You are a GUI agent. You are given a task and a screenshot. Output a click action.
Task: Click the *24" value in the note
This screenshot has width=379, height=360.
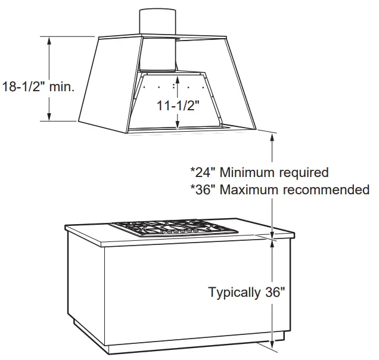pos(203,173)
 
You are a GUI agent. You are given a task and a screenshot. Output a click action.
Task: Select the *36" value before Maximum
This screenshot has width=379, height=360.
pos(203,190)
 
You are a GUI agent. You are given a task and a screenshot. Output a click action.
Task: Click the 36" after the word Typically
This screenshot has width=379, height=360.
pos(274,293)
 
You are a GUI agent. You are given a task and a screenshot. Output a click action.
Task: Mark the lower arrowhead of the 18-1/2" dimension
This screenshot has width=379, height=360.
pos(49,117)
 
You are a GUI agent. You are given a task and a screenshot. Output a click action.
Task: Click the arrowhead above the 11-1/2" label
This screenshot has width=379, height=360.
pos(178,77)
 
